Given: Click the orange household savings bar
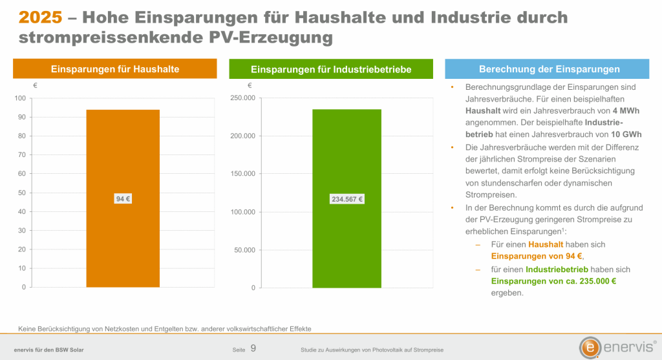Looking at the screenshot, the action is [x=123, y=198].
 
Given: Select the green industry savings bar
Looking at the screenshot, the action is [x=347, y=198].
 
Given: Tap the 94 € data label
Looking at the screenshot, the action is [x=123, y=199].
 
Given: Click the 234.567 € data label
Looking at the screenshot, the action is [x=347, y=199].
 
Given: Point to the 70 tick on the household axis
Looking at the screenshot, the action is [x=21, y=155].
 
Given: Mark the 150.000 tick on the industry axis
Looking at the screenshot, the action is [x=243, y=174].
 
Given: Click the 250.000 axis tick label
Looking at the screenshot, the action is [x=243, y=98].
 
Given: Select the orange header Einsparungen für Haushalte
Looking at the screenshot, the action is [x=115, y=69].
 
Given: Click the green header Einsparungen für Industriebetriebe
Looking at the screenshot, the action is [x=331, y=69].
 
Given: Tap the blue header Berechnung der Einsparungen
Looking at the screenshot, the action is [x=547, y=69].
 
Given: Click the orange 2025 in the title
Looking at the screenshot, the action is [x=41, y=17].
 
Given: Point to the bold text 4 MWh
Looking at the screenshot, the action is [x=626, y=111].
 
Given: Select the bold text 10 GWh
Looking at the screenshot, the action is [x=626, y=134].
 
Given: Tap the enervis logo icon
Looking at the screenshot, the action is [x=590, y=347].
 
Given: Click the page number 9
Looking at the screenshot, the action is [x=253, y=348].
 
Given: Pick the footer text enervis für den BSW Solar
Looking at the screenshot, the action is [x=49, y=350].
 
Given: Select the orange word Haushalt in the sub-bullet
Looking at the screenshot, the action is [x=546, y=244].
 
